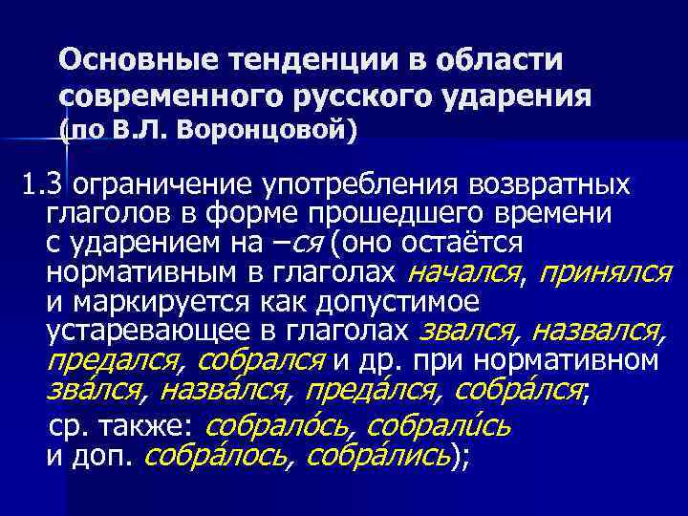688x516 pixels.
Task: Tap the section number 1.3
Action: click(x=44, y=183)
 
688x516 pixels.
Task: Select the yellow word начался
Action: click(x=464, y=273)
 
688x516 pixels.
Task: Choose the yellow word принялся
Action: click(x=605, y=273)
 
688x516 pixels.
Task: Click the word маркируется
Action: click(x=152, y=302)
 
